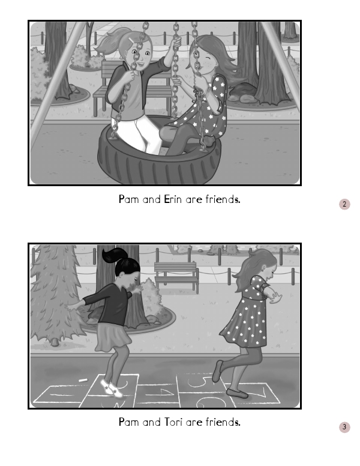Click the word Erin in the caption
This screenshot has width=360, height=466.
pos(173,199)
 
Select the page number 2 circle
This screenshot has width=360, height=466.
pos(344,204)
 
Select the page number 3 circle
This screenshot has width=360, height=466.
pos(344,427)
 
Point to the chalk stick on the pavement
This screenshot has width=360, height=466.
pos(83,380)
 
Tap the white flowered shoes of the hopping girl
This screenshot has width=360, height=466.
pos(112,388)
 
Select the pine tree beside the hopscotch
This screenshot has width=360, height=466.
pos(55,294)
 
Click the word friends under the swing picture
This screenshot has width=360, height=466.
pos(223,199)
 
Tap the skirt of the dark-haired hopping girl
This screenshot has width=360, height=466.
pos(113,337)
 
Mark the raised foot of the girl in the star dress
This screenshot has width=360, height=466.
pos(217,371)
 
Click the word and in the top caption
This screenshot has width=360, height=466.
pos(151,199)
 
